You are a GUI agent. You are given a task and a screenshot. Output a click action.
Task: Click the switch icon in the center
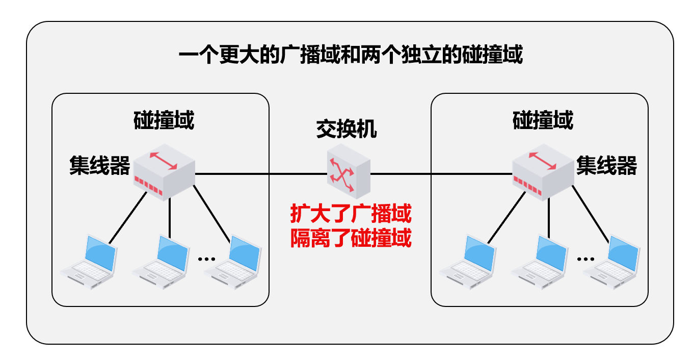(349, 171)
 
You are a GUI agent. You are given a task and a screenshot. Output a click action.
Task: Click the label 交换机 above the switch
(346, 129)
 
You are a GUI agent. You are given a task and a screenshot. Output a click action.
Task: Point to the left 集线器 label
(100, 165)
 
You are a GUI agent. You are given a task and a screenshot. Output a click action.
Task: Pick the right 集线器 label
(607, 165)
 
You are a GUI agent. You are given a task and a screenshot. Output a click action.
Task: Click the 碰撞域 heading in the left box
(164, 120)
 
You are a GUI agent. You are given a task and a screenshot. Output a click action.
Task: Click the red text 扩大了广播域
(351, 214)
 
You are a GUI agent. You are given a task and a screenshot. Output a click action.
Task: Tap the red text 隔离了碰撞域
(351, 238)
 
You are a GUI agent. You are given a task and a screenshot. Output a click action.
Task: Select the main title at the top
(351, 55)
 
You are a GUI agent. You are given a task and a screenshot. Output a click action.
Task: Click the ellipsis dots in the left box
(207, 259)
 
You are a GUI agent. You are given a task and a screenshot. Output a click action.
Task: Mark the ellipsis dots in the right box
(585, 259)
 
